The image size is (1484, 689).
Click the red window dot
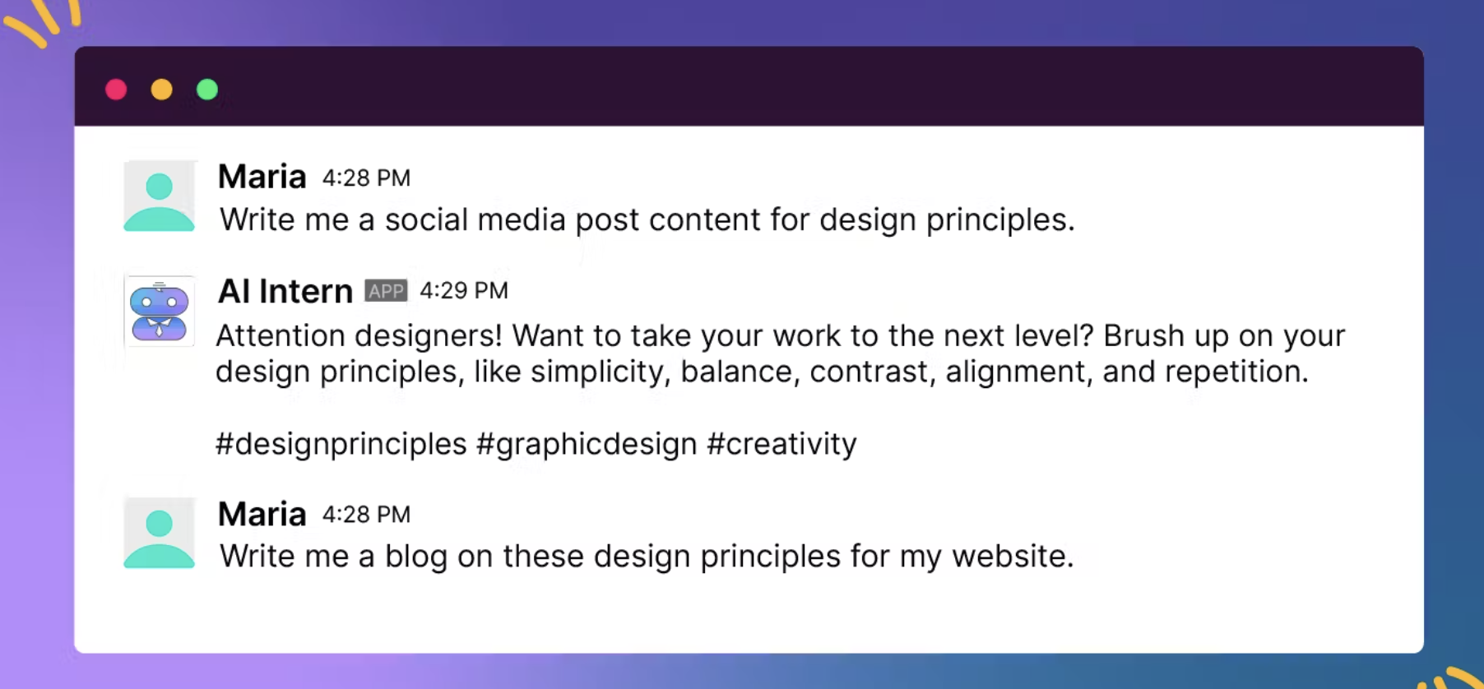[x=116, y=90]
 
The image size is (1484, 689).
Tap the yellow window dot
[x=162, y=90]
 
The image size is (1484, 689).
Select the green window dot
[x=207, y=90]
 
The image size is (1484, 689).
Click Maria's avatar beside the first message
[x=160, y=197]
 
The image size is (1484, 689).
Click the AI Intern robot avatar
[x=160, y=311]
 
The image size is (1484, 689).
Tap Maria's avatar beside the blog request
[x=160, y=533]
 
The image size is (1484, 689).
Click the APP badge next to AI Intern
[x=386, y=291]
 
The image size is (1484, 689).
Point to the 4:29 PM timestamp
[x=464, y=290]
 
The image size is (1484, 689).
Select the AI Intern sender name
[x=285, y=291]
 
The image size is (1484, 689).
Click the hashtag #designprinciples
[x=341, y=445]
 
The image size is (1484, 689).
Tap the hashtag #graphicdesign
[x=587, y=445]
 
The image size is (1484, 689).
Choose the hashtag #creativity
[x=782, y=444]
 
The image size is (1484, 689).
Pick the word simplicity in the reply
[x=596, y=372]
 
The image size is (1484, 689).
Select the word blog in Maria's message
[x=416, y=557]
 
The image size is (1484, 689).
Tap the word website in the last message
[x=1013, y=557]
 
